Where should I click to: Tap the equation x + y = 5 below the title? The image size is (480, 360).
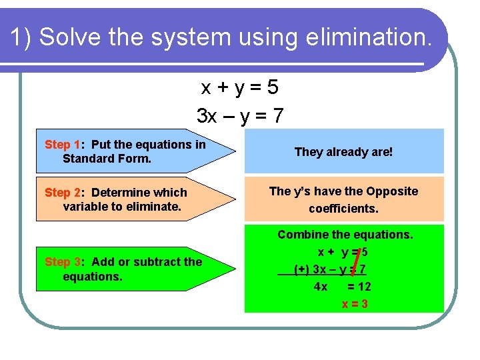click(240, 87)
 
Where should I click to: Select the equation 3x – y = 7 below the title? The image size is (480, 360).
click(240, 116)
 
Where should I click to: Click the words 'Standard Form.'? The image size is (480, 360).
click(107, 159)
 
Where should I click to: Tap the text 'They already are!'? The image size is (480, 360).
click(343, 152)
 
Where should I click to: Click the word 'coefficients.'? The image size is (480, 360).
click(343, 209)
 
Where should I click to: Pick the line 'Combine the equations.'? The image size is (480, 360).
click(345, 235)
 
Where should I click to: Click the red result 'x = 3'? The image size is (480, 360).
click(355, 304)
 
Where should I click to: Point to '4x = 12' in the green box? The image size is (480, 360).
click(342, 287)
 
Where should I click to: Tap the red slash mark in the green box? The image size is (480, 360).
click(357, 261)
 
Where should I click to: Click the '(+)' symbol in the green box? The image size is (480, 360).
click(301, 270)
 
